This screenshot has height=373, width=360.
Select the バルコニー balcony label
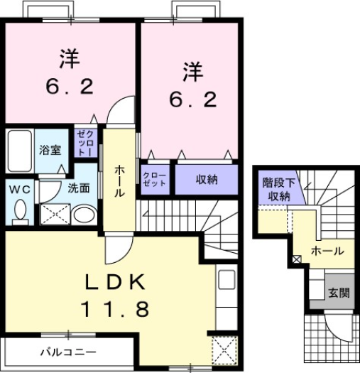click(67, 351)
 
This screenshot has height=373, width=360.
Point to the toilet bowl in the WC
click(19, 211)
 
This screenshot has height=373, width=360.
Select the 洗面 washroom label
click(79, 189)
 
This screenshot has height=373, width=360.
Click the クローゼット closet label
click(154, 179)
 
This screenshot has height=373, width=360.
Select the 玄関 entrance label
click(338, 293)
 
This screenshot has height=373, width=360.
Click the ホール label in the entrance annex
click(328, 251)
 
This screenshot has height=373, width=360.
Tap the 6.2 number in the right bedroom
click(192, 99)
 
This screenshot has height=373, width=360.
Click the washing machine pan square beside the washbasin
click(55, 214)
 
